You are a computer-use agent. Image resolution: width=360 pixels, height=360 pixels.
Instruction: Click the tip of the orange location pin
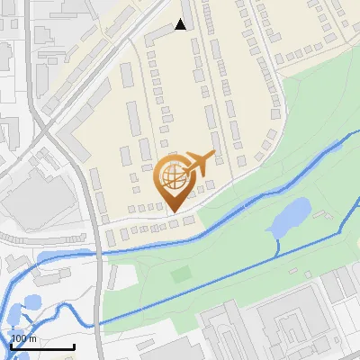tap(174, 211)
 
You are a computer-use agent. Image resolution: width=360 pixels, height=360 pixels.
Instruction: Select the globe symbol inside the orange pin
tap(173, 176)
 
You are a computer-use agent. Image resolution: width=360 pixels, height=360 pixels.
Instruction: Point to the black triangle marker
tap(181, 24)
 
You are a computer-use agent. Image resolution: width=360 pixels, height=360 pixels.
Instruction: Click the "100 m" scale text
tap(24, 338)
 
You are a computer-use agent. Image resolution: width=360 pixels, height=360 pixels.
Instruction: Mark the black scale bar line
tap(42, 346)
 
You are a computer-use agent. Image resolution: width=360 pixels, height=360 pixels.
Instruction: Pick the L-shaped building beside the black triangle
tap(162, 34)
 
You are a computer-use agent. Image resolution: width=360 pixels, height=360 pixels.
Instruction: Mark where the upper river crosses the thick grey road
tap(97, 253)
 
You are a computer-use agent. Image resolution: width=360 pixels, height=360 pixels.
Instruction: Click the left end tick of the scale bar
tap(12, 346)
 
